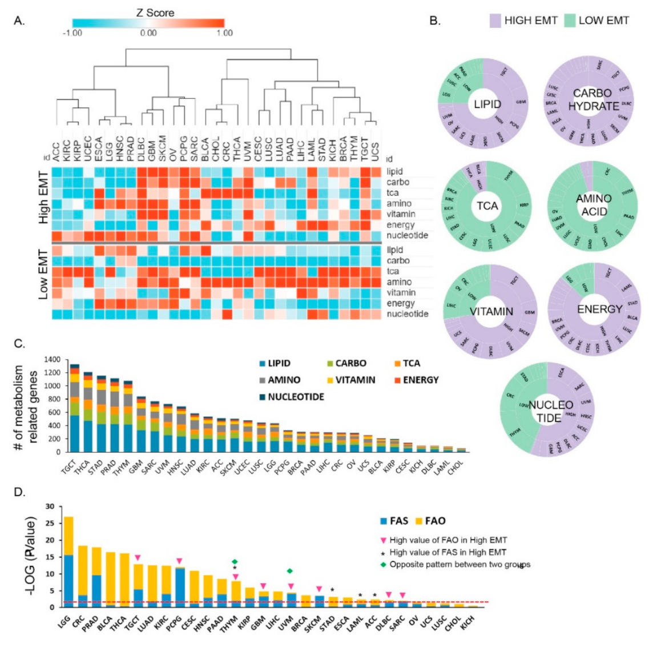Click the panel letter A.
pos(19,21)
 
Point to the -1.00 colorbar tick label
pos(71,33)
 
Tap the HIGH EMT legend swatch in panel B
pos(495,21)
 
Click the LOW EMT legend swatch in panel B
pos(569,21)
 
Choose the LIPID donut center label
pos(487,104)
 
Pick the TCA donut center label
pos(487,206)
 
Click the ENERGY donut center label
pos(599,309)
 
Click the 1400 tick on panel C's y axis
pos(51,360)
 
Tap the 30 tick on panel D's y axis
pos(49,507)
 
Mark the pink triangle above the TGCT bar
pos(138,558)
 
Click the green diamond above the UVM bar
pos(290,571)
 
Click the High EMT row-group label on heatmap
pos(43,204)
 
